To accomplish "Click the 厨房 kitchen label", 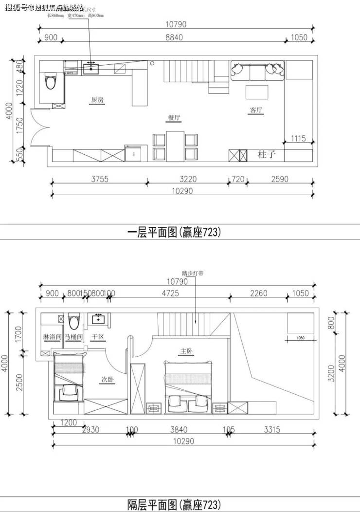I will (x=97, y=100).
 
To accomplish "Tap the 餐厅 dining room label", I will (x=174, y=118).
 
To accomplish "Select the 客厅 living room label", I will (x=256, y=110).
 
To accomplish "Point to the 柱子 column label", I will (x=267, y=155).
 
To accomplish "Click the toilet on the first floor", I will (x=50, y=81).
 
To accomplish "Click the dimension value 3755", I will (x=99, y=179).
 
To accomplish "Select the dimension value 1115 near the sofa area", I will (x=298, y=139).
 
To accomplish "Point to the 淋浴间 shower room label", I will (x=52, y=337).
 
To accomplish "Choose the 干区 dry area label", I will (x=99, y=337).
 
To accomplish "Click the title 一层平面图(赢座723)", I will (x=174, y=232).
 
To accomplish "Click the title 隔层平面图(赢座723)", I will (x=174, y=504).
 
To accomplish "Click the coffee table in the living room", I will (x=256, y=92).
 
